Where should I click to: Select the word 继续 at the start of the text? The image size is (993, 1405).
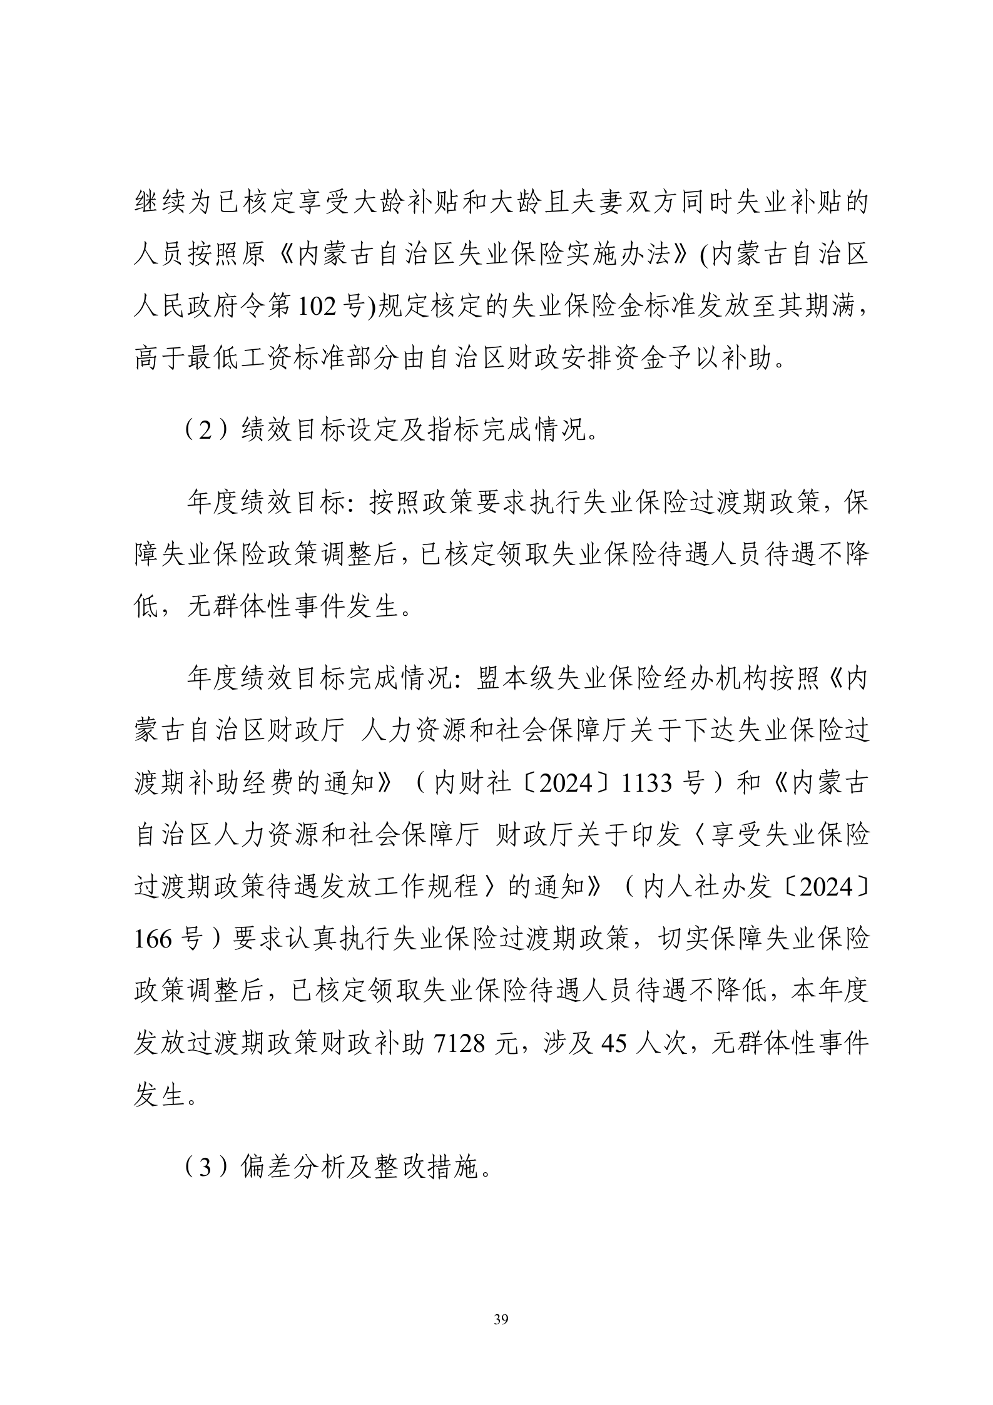click(160, 204)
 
